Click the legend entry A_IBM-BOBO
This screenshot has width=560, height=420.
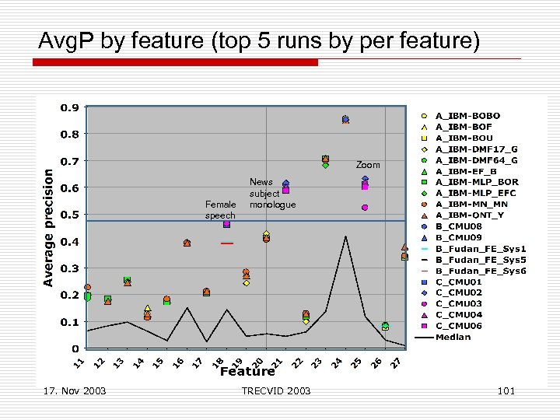[x=467, y=116]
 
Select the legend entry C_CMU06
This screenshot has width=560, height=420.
[x=458, y=326]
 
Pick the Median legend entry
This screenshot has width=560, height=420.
[x=453, y=337]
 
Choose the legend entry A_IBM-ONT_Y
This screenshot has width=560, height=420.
[x=469, y=215]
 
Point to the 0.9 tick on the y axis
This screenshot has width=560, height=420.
[x=70, y=108]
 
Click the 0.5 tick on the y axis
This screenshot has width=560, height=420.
[x=70, y=215]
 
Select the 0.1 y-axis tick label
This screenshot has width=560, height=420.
[x=70, y=322]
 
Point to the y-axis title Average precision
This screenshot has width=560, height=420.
[x=48, y=228]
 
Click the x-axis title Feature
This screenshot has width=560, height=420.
[x=247, y=371]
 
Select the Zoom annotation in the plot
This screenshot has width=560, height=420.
[x=368, y=165]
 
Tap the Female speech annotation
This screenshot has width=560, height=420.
[x=220, y=210]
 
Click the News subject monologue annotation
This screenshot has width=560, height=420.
[x=271, y=194]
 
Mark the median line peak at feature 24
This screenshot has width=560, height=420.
[x=345, y=236]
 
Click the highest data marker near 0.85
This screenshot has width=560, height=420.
[x=345, y=120]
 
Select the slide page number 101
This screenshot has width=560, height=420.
[x=506, y=390]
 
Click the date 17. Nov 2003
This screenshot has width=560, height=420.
[x=75, y=390]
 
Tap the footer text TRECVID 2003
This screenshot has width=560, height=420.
[x=276, y=390]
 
